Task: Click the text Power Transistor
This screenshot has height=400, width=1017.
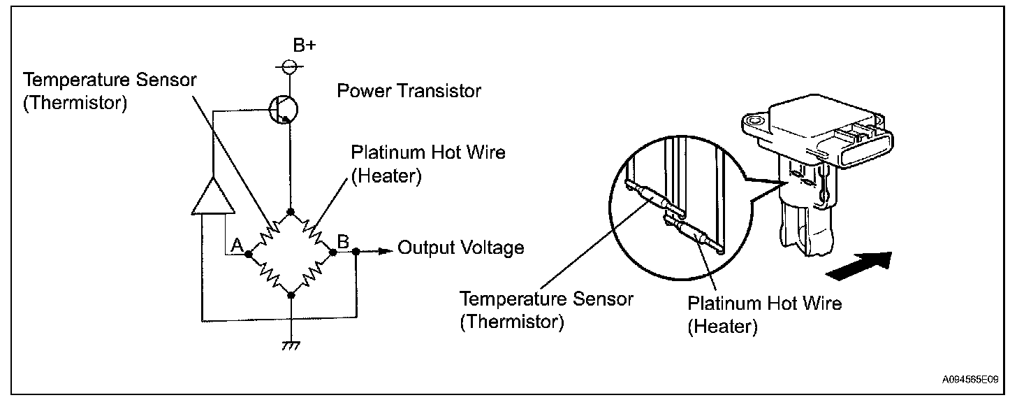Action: [409, 91]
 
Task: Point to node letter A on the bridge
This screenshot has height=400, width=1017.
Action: [237, 245]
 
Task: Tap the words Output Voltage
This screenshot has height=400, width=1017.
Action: [460, 248]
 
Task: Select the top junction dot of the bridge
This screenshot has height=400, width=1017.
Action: [291, 210]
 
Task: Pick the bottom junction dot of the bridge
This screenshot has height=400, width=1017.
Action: [291, 295]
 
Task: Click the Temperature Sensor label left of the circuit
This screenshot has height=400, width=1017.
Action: [110, 91]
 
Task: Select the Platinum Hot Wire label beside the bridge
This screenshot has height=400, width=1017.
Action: [427, 163]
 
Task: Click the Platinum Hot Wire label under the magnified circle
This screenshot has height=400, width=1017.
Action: [764, 315]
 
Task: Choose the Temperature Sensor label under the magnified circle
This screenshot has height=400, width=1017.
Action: [546, 310]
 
